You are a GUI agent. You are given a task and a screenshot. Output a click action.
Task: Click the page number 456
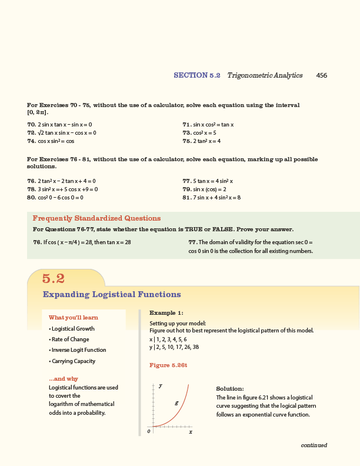(321, 75)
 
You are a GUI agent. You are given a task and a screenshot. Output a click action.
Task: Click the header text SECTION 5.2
(196, 75)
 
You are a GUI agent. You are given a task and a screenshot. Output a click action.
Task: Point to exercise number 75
(188, 141)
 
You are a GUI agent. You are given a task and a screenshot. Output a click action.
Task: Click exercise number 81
(188, 198)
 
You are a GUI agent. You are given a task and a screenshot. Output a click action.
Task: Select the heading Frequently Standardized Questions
(96, 218)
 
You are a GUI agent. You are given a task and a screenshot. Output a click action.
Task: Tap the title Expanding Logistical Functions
(112, 294)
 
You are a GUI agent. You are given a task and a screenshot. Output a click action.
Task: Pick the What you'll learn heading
(73, 318)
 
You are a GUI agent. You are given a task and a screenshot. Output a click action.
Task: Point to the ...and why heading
(64, 379)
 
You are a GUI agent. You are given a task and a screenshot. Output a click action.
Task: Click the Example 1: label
(166, 313)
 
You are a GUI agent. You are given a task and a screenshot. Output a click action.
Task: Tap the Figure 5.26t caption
(168, 365)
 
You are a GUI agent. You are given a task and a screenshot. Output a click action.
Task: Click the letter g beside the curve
(176, 403)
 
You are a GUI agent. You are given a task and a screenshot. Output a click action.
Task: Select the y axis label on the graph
(161, 385)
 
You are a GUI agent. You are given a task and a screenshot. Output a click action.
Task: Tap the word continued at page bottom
(314, 445)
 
